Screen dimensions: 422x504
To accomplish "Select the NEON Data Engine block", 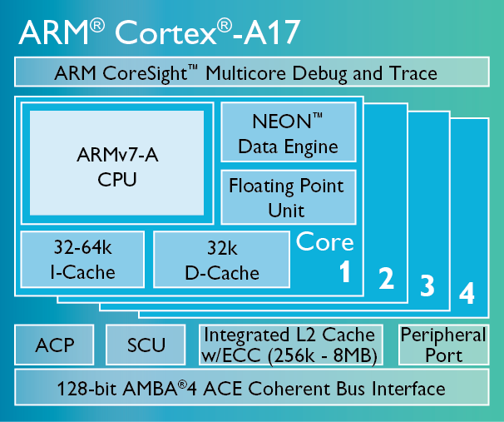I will click(288, 133).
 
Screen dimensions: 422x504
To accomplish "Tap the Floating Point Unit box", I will click(286, 196).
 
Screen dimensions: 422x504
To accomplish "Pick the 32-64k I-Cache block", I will click(82, 260).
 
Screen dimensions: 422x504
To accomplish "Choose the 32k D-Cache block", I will click(221, 260).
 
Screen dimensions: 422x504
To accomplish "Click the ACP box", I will click(55, 345).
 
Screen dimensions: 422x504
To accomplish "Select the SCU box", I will click(146, 345).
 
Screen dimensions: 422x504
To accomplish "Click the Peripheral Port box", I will click(443, 345).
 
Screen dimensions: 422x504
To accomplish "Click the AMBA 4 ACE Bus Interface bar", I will click(251, 389).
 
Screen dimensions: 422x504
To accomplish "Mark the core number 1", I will click(343, 272).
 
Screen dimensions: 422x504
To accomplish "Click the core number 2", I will click(386, 279).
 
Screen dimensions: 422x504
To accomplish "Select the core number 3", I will click(427, 287).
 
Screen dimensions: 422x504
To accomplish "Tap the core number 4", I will click(467, 294).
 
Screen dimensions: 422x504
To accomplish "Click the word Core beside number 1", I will click(325, 242).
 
